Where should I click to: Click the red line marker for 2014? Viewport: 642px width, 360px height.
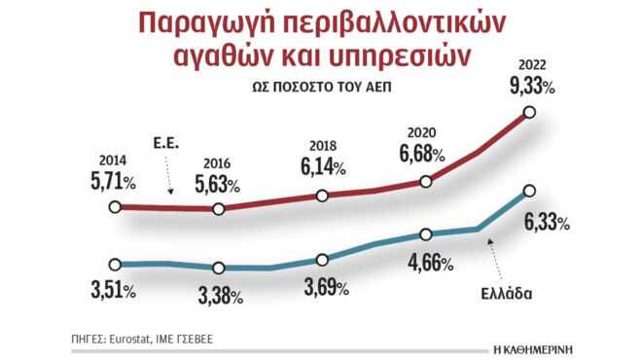pos(116,207)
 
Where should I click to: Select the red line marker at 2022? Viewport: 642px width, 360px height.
pos(529,113)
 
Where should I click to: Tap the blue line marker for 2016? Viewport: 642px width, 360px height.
pos(219,268)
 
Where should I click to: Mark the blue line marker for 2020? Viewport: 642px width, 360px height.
pos(426,234)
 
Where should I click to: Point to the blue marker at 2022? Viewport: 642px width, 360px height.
pos(529,191)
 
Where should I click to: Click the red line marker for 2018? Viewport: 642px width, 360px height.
pos(322,196)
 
